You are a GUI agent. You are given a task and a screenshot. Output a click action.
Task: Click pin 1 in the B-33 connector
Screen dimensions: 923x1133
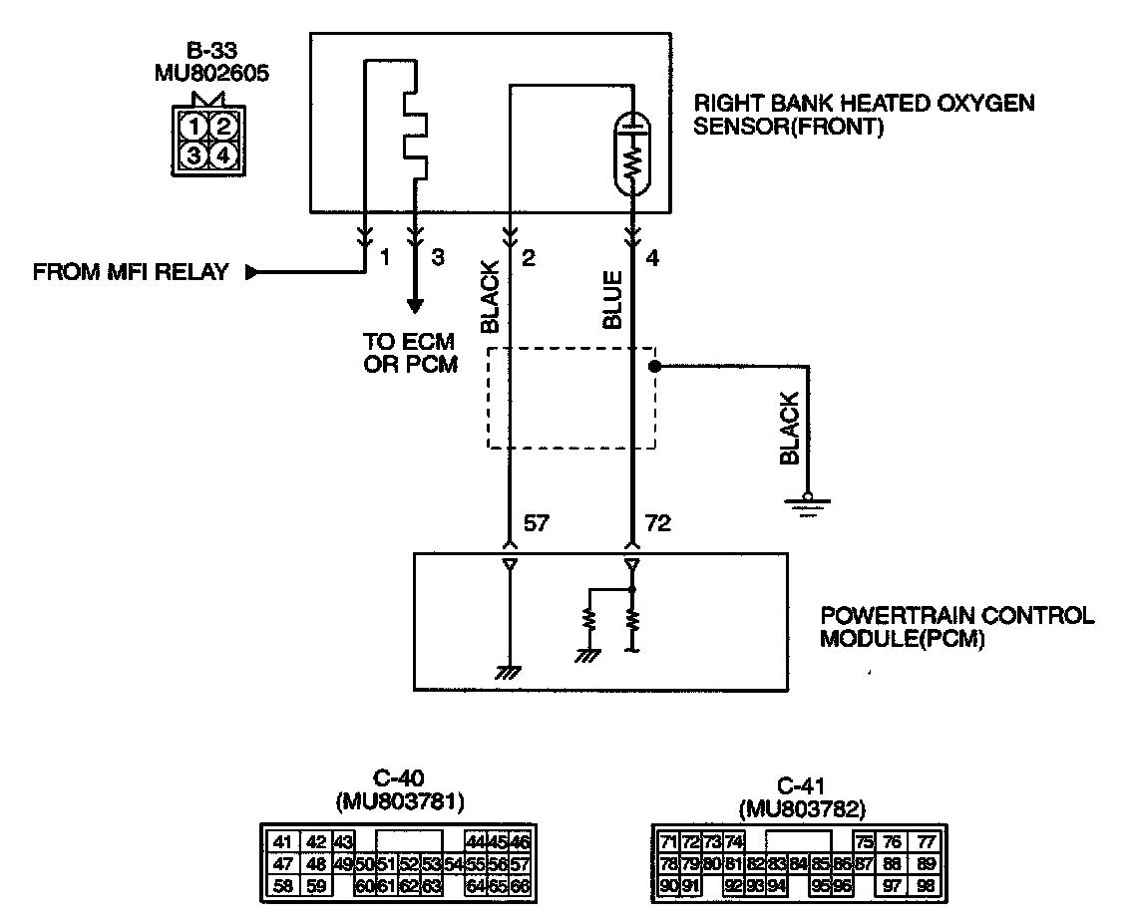[x=199, y=127]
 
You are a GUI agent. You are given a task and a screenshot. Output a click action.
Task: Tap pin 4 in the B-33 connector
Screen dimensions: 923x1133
[x=224, y=155]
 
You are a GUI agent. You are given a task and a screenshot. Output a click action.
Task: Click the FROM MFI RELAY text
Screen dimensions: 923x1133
[x=132, y=271]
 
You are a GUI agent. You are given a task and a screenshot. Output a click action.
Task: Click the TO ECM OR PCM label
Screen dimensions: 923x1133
[x=410, y=352]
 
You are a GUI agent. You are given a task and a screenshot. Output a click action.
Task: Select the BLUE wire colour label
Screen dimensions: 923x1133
[x=612, y=299]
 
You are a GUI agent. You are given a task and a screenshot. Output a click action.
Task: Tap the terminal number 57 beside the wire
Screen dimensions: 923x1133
[x=536, y=523]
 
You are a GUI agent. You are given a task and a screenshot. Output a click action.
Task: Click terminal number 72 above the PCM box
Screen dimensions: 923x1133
[x=657, y=523]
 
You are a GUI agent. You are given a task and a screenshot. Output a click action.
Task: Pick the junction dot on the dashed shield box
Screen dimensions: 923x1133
[x=655, y=368]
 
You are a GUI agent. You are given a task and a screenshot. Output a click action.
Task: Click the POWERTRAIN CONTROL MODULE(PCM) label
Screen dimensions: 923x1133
[x=955, y=627]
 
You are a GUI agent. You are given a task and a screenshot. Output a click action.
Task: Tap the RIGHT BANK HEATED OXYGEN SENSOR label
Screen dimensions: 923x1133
[x=864, y=115]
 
